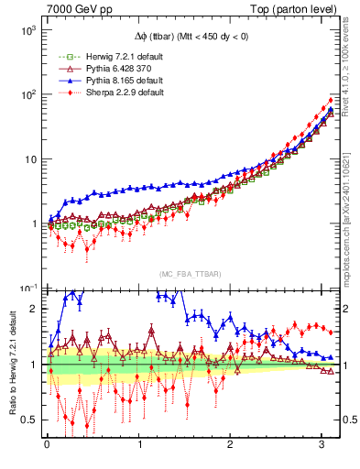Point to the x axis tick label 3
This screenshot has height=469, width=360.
[x=322, y=446]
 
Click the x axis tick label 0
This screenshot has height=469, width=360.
[x=47, y=446]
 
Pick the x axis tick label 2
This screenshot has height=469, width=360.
[x=231, y=446]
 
